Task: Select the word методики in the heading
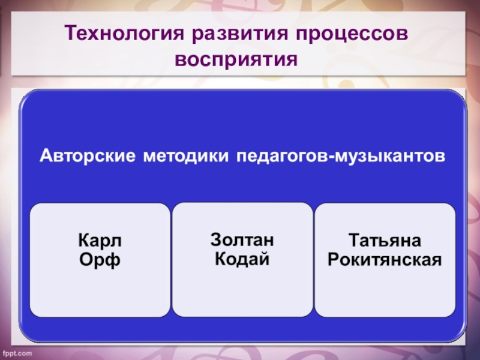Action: pyautogui.click(x=186, y=157)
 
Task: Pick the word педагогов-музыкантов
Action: pyautogui.click(x=341, y=157)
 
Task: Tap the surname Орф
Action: pyautogui.click(x=100, y=261)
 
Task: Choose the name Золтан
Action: pyautogui.click(x=242, y=240)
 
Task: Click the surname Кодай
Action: pyautogui.click(x=242, y=260)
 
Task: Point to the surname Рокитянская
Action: pyautogui.click(x=385, y=261)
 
